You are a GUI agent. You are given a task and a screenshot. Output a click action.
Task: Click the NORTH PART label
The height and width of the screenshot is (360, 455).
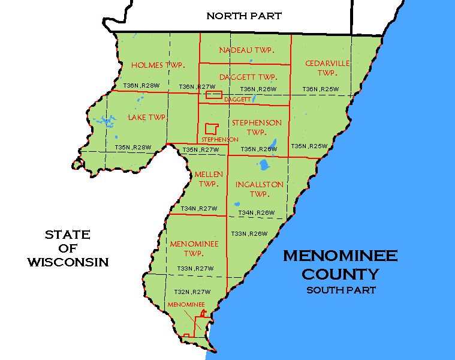tap(243, 16)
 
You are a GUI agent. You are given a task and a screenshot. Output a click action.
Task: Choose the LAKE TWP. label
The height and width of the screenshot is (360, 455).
tap(147, 117)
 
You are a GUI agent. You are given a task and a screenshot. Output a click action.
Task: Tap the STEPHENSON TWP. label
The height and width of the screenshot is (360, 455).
tap(257, 127)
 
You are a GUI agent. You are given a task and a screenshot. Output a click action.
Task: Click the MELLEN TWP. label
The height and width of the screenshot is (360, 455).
tap(209, 179)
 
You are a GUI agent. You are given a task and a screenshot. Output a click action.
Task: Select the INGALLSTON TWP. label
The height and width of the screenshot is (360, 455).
tap(259, 189)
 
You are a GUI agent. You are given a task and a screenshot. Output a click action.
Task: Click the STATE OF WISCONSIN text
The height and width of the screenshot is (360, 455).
tap(67, 248)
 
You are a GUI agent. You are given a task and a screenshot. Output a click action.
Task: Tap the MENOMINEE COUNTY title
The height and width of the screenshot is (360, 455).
tap(340, 265)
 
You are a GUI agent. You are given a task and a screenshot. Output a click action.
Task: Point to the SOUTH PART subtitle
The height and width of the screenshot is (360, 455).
tap(341, 290)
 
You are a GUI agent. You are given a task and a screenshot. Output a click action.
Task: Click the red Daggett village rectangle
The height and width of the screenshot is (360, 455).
tap(213, 95)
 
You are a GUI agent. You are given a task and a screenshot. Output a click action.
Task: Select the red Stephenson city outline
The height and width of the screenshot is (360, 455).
tap(211, 128)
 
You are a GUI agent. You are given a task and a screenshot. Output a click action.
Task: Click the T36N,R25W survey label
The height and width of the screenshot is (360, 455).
tap(320, 89)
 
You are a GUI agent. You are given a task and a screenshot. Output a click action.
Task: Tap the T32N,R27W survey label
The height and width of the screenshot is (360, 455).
tap(192, 292)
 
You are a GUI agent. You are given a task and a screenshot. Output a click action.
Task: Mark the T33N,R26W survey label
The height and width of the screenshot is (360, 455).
tap(249, 233)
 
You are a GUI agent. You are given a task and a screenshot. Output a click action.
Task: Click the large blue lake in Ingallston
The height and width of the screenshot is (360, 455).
tap(263, 164)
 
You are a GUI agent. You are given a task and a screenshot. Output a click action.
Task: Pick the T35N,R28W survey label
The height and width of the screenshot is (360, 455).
tap(132, 147)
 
